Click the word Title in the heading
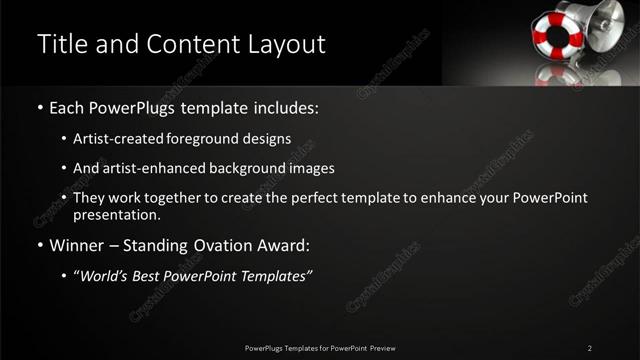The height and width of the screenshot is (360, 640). [62, 44]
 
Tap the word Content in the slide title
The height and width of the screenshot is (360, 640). [191, 44]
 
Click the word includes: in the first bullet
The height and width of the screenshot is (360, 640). [283, 107]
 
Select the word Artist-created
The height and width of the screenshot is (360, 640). [114, 138]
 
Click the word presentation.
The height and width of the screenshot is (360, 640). [117, 214]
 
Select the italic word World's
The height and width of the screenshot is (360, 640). [104, 276]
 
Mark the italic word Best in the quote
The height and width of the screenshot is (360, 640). [150, 276]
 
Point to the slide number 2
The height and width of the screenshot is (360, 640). [589, 347]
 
